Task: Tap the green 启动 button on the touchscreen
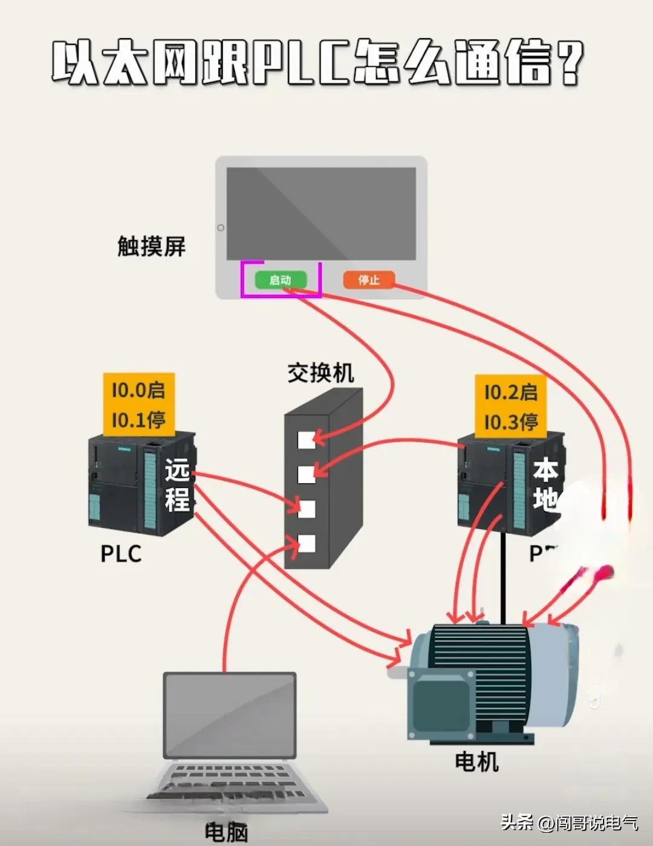280,280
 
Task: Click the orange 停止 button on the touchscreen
368,280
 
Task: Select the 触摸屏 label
151,246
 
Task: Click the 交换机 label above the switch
320,373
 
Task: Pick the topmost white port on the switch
307,440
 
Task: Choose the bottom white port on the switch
307,544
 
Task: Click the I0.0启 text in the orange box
138,390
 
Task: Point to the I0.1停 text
138,420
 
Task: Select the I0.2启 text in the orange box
510,392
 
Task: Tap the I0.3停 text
510,421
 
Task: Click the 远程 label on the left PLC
177,485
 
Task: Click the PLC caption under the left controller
121,554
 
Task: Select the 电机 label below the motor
476,761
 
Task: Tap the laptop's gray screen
230,715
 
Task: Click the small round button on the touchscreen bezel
221,228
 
